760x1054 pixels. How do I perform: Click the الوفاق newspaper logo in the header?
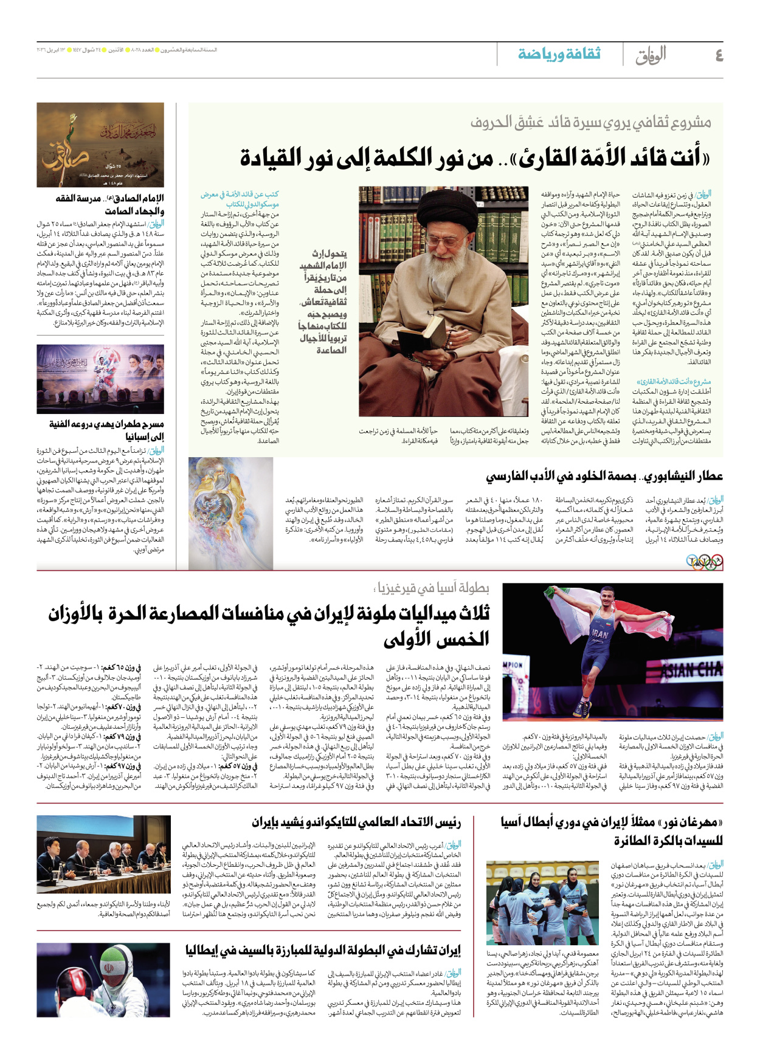[x=651, y=55]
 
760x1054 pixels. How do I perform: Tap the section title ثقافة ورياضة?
[x=559, y=54]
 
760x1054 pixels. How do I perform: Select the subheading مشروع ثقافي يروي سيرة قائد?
[x=590, y=123]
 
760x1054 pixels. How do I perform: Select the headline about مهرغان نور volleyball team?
[x=611, y=832]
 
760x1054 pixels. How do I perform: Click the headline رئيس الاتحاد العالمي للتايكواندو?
[x=356, y=823]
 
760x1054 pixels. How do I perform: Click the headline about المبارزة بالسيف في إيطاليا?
[x=323, y=950]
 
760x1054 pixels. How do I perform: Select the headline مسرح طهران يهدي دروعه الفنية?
[x=106, y=430]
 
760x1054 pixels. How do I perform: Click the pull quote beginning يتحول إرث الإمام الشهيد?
[x=323, y=301]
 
